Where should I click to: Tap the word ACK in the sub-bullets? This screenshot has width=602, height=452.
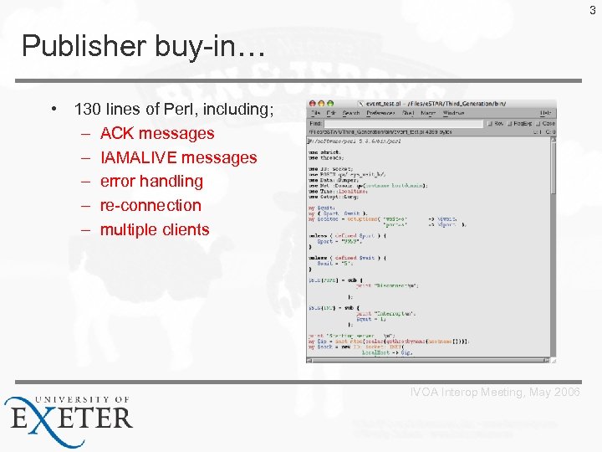117,133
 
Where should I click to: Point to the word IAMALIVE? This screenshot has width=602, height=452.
138,157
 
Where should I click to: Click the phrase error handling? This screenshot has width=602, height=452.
151,181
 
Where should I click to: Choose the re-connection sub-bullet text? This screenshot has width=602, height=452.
150,205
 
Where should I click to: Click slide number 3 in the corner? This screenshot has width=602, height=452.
593,10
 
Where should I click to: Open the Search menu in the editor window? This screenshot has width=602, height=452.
351,113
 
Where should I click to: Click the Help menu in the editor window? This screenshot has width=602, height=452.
545,113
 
